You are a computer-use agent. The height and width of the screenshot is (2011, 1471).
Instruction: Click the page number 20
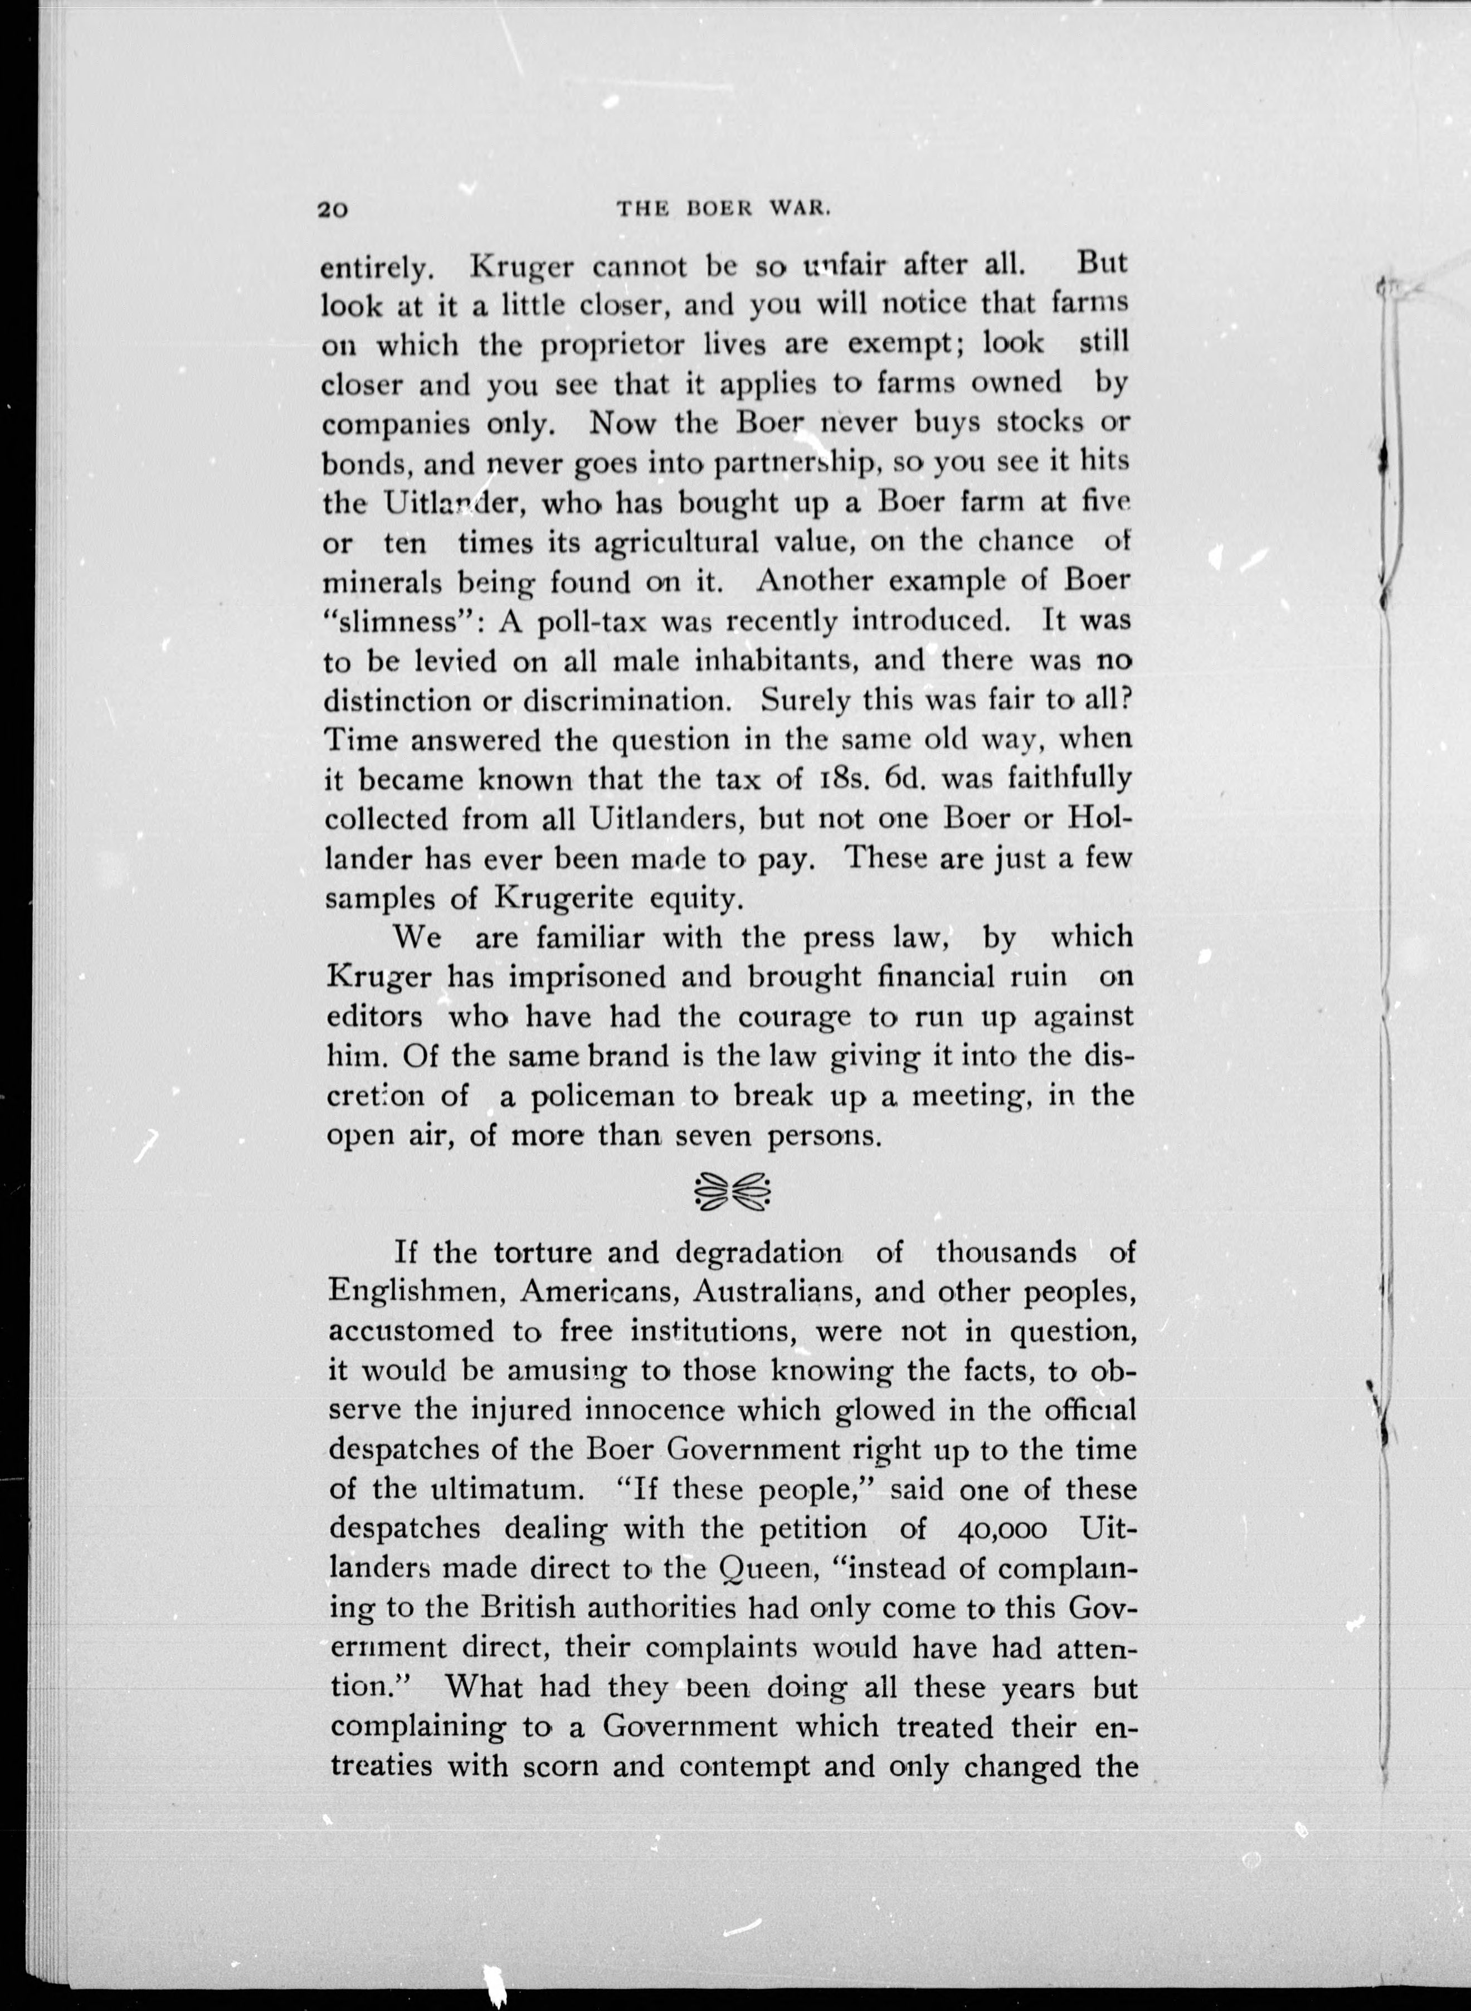click(x=335, y=210)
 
